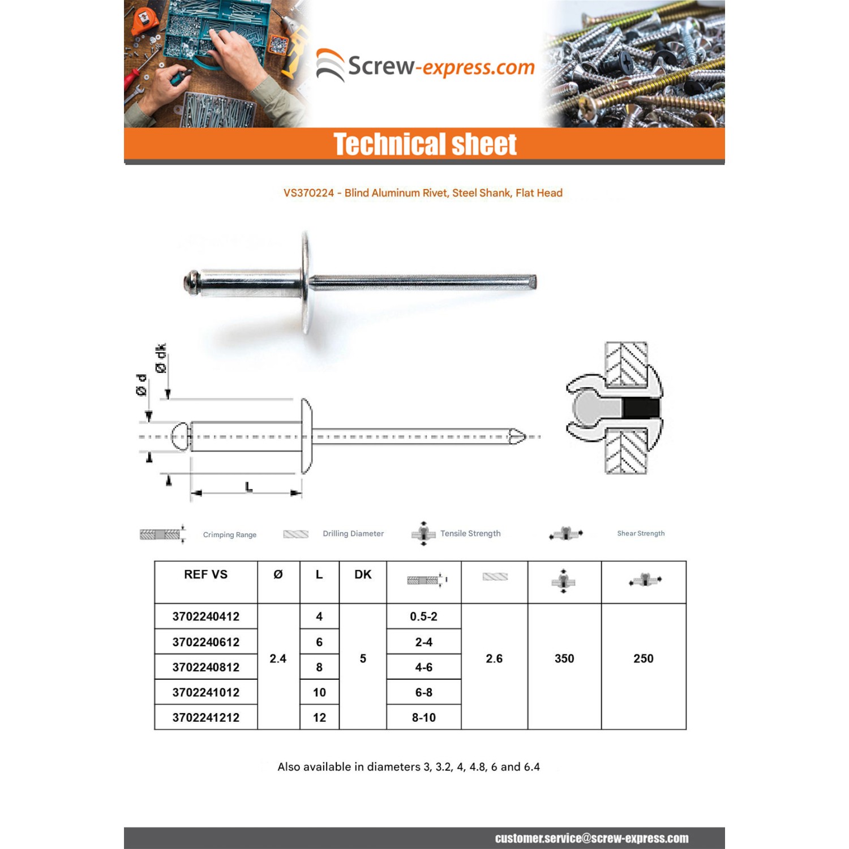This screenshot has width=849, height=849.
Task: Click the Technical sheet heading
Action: (x=424, y=144)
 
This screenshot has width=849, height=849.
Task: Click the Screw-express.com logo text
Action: (x=441, y=67)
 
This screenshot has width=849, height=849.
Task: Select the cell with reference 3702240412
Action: (x=205, y=616)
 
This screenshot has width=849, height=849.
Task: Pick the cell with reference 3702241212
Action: (x=205, y=717)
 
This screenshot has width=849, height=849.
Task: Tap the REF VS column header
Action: (x=205, y=574)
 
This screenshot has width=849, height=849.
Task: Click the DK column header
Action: (x=363, y=574)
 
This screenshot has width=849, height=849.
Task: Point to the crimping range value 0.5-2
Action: (x=423, y=616)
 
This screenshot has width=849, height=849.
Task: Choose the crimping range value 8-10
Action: (x=423, y=717)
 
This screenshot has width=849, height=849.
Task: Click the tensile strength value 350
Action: (x=564, y=658)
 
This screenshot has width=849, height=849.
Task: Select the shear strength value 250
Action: (x=643, y=658)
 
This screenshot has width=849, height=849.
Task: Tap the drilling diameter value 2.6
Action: (x=494, y=658)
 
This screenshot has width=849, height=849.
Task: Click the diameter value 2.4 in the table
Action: (x=278, y=658)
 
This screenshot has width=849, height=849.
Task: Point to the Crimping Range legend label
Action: (x=229, y=534)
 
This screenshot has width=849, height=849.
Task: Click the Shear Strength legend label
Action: (x=641, y=533)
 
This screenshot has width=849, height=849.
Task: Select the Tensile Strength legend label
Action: (x=470, y=533)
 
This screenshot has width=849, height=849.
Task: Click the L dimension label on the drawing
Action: (x=248, y=487)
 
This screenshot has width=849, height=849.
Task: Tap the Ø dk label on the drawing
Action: (x=161, y=358)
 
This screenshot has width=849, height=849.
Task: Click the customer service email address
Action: (x=591, y=838)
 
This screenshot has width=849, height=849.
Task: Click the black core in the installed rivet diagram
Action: (x=641, y=408)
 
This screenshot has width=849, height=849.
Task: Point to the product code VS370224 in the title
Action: (x=308, y=193)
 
